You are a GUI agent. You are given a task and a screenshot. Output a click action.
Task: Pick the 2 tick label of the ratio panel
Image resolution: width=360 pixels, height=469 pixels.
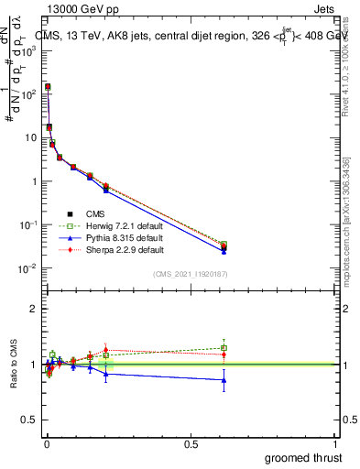[x=33, y=309]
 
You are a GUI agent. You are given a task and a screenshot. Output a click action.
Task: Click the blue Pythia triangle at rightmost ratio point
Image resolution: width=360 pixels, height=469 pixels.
[x=224, y=379]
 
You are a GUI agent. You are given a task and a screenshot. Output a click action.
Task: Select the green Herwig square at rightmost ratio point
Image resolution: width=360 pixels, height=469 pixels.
[x=224, y=348]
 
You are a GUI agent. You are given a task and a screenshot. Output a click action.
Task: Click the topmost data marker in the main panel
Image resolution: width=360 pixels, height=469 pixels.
[x=48, y=86]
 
